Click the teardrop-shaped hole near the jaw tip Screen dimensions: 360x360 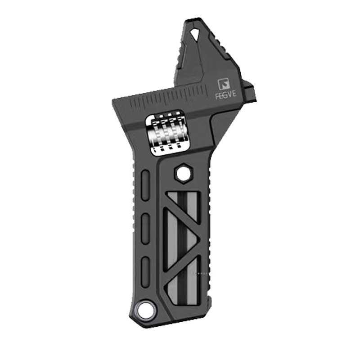pyautogui.click(x=195, y=34)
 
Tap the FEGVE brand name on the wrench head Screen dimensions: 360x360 pyautogui.click(x=226, y=95)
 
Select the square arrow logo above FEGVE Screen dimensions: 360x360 pyautogui.click(x=224, y=84)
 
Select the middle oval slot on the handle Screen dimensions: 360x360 pyautogui.click(x=146, y=229)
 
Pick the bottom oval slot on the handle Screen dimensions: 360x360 pyautogui.click(x=145, y=272)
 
